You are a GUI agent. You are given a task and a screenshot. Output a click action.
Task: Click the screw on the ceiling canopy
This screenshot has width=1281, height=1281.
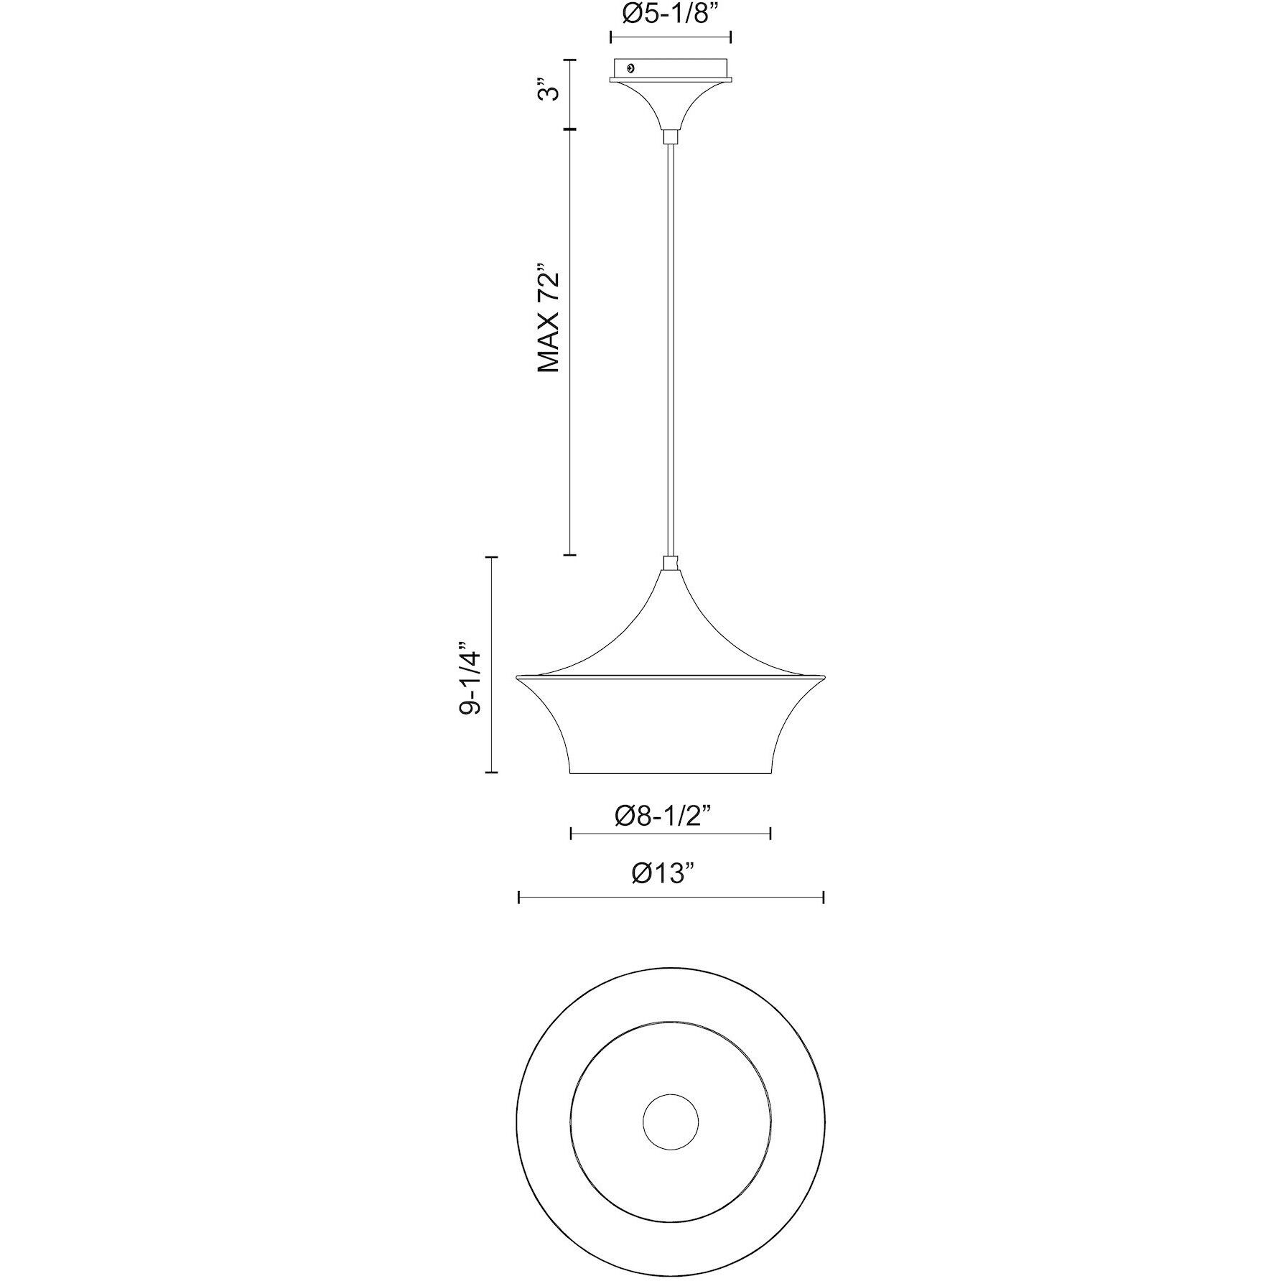click(630, 68)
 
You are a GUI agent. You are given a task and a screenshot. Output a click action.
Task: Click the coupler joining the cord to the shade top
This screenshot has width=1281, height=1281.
click(670, 563)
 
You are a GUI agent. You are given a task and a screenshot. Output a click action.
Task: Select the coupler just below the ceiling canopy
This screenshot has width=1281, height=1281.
click(670, 137)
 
